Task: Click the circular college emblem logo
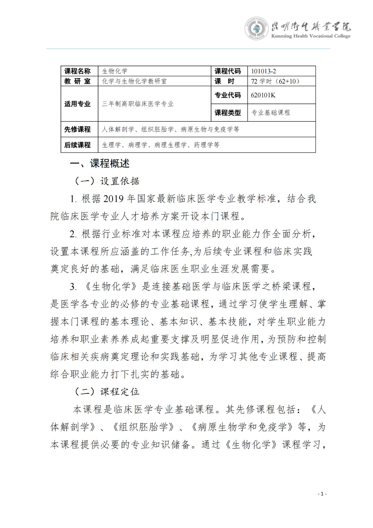click(256, 28)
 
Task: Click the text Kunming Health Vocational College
click(311, 36)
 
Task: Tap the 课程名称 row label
click(78, 71)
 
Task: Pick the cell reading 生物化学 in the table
click(115, 71)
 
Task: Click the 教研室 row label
click(78, 81)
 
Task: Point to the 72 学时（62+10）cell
click(275, 81)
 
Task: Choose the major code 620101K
click(263, 95)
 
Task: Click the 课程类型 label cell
click(228, 113)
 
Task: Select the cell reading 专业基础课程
click(271, 113)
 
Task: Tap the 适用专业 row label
click(78, 104)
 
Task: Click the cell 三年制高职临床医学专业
click(138, 104)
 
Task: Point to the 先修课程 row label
click(78, 129)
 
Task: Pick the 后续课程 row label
click(78, 145)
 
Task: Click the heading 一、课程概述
click(100, 164)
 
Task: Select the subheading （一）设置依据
click(107, 181)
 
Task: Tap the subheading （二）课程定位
click(107, 392)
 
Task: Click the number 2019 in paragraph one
click(113, 199)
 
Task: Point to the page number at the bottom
click(322, 494)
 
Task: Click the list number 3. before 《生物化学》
click(73, 287)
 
